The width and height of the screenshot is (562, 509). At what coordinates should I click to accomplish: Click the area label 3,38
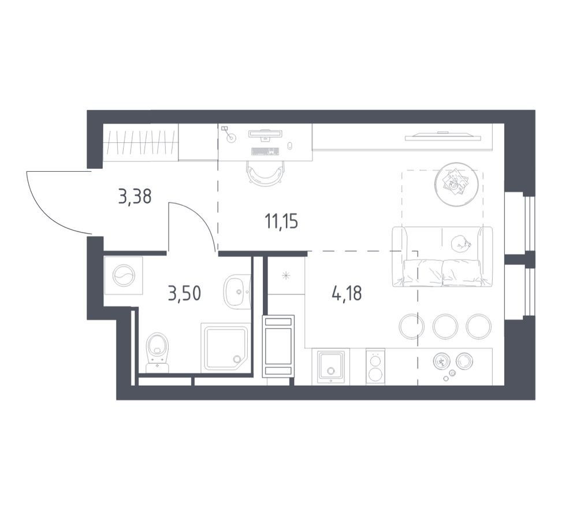pyautogui.click(x=135, y=197)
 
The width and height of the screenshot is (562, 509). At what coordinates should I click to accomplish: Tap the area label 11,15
pyautogui.click(x=281, y=221)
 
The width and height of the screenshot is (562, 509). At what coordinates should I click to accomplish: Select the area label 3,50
pyautogui.click(x=184, y=293)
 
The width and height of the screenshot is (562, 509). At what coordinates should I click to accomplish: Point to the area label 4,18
pyautogui.click(x=347, y=293)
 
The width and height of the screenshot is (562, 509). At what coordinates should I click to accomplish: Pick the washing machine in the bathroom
pyautogui.click(x=123, y=275)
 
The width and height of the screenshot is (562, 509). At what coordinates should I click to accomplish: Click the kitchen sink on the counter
pyautogui.click(x=331, y=367)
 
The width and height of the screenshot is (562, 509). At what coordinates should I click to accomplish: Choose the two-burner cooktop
pyautogui.click(x=375, y=367)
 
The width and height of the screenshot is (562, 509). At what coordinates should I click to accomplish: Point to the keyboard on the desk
pyautogui.click(x=265, y=152)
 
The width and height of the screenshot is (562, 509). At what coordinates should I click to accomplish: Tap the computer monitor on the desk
pyautogui.click(x=266, y=134)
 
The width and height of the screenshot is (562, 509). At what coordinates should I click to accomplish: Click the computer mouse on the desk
pyautogui.click(x=289, y=146)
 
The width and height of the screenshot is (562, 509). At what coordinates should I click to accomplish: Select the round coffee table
pyautogui.click(x=456, y=185)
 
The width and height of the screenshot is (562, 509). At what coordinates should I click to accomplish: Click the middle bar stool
pyautogui.click(x=445, y=326)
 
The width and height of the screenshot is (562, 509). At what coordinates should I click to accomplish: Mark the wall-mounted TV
pyautogui.click(x=443, y=137)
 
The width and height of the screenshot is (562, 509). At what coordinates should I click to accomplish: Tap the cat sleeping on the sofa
pyautogui.click(x=460, y=244)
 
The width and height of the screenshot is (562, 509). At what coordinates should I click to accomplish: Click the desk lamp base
pyautogui.click(x=232, y=137)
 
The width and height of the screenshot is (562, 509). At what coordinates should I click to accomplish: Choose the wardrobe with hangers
pyautogui.click(x=140, y=142)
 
